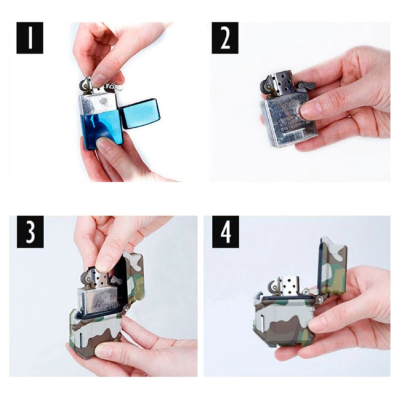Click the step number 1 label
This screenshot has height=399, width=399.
[29, 39]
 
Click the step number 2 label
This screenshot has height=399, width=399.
[225, 39]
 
